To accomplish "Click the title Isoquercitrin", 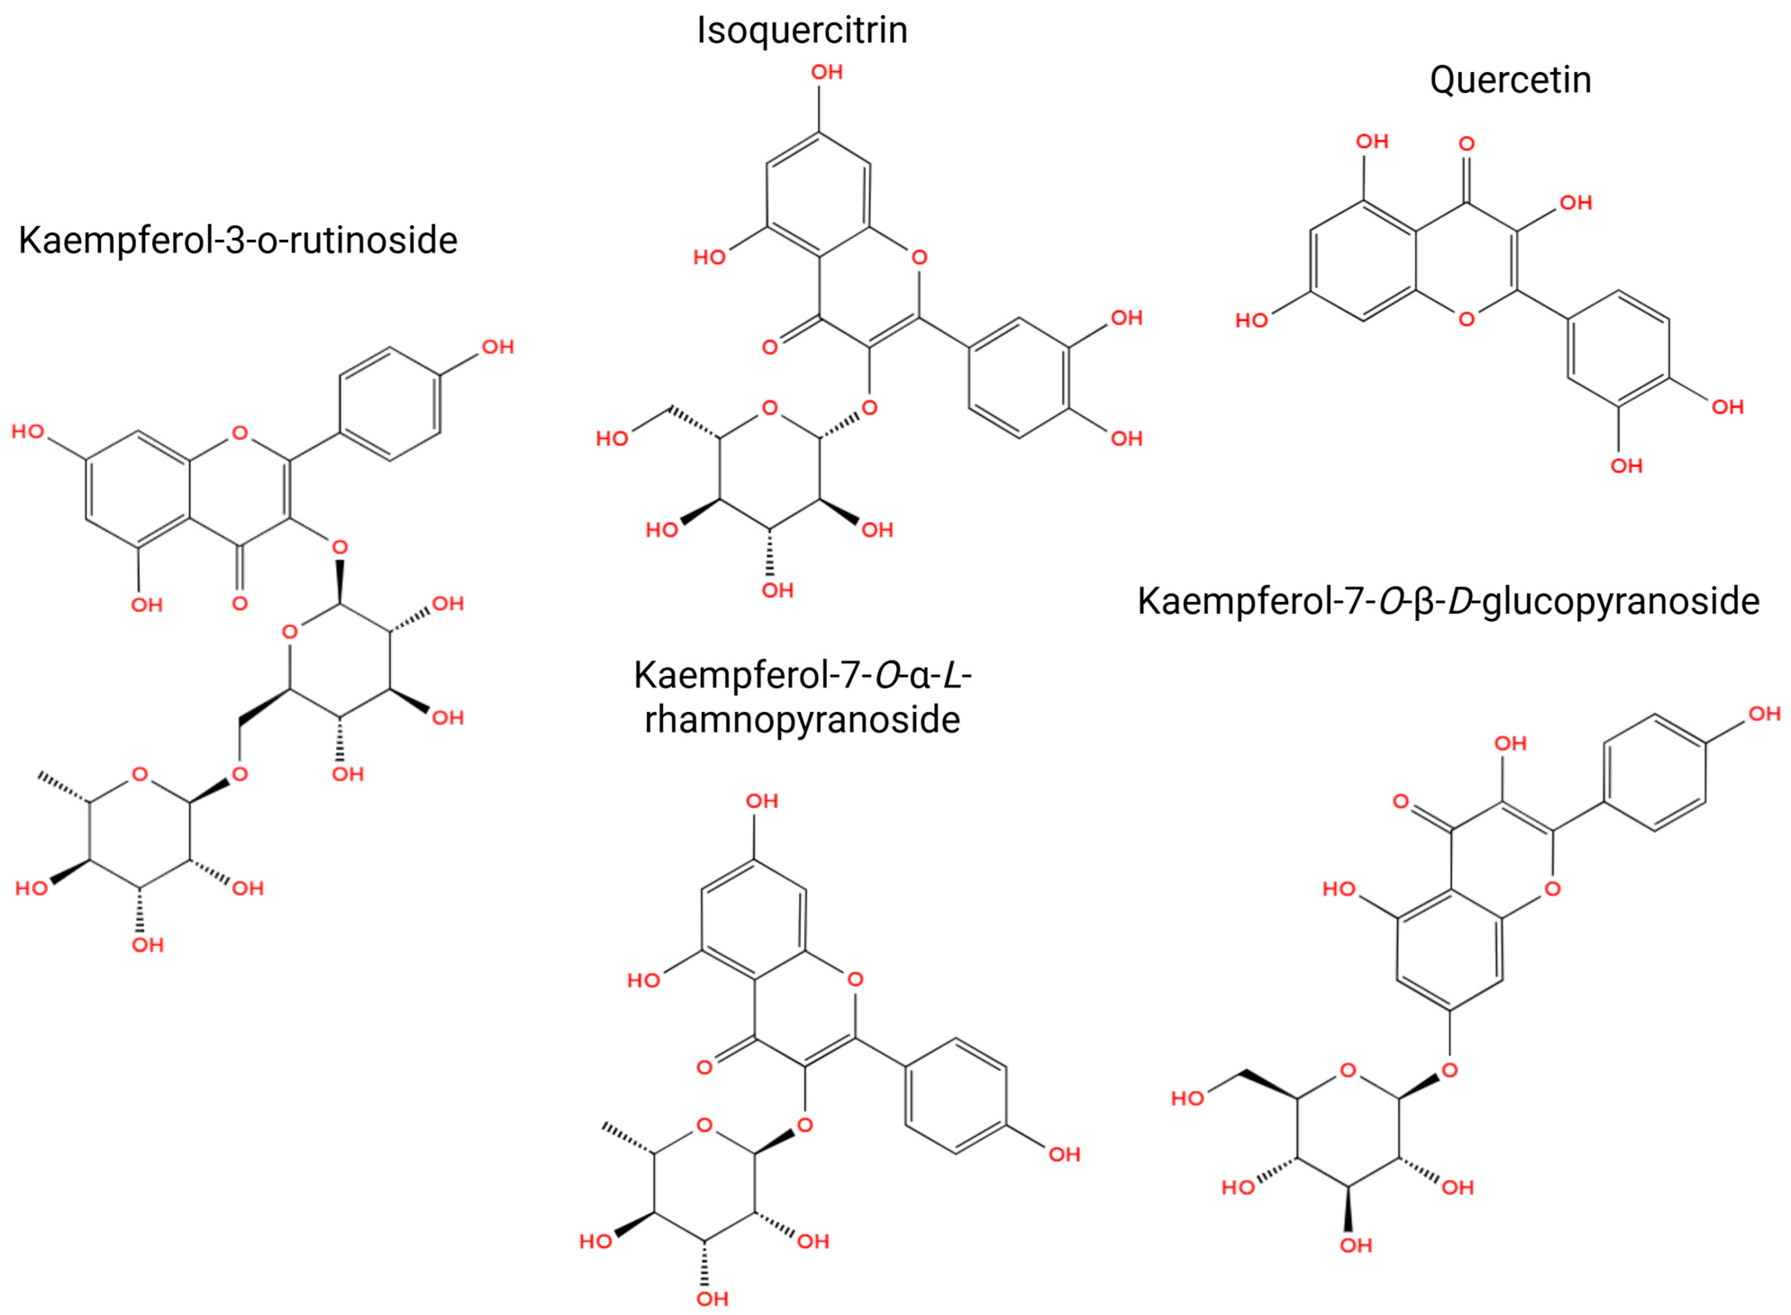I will pos(801,30).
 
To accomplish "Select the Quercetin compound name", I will pos(1510,80).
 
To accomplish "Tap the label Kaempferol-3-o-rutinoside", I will pos(238,241).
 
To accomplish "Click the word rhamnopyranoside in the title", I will pos(802,719).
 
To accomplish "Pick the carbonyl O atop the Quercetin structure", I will pos(1466,144).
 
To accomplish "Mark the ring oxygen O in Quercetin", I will pos(1466,319).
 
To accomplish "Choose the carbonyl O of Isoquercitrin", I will pos(769,347).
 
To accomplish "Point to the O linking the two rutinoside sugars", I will pos(240,774).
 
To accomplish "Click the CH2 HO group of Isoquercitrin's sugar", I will pos(612,439).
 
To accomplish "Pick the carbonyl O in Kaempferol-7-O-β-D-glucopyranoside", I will pos(1401,801).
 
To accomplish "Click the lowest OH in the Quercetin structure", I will pos(1626,466).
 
